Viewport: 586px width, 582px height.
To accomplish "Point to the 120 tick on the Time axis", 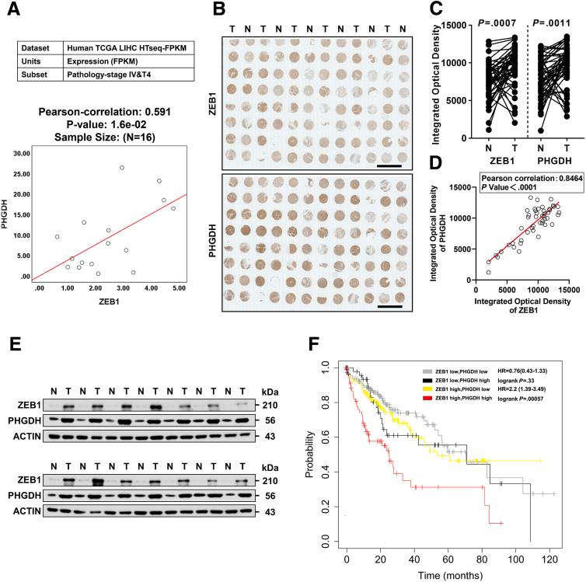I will [548, 558].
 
